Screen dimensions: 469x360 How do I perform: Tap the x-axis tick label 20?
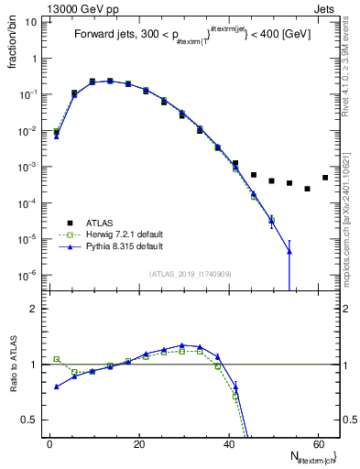138,444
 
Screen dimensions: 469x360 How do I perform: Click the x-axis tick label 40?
228,444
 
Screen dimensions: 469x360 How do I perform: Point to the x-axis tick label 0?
49,444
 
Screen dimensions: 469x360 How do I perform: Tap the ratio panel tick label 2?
33,309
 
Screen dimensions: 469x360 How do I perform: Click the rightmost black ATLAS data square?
325,178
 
